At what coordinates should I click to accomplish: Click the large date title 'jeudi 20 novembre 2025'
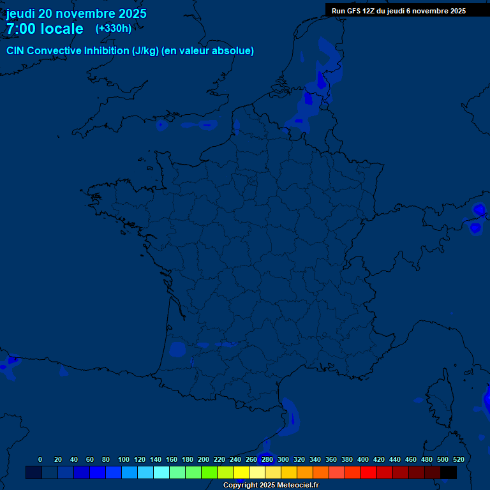pyautogui.click(x=76, y=13)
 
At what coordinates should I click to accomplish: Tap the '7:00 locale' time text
pyautogui.click(x=45, y=29)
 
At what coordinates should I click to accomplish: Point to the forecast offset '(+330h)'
pyautogui.click(x=114, y=28)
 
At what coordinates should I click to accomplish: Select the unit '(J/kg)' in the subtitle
pyautogui.click(x=145, y=51)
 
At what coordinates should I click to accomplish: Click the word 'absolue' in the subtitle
pyautogui.click(x=235, y=51)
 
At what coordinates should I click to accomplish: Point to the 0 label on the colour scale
pyautogui.click(x=40, y=459)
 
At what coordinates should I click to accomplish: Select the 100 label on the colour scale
pyautogui.click(x=123, y=459)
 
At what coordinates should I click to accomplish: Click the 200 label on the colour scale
pyautogui.click(x=204, y=459)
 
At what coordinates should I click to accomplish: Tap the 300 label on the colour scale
pyautogui.click(x=283, y=459)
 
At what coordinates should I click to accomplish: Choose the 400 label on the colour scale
pyautogui.click(x=363, y=459)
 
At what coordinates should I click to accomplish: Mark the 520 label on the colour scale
pyautogui.click(x=459, y=459)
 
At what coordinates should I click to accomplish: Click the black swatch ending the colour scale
pyautogui.click(x=449, y=472)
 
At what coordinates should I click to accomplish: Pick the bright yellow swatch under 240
pyautogui.click(x=241, y=472)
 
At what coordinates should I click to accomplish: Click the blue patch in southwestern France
pyautogui.click(x=177, y=349)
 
